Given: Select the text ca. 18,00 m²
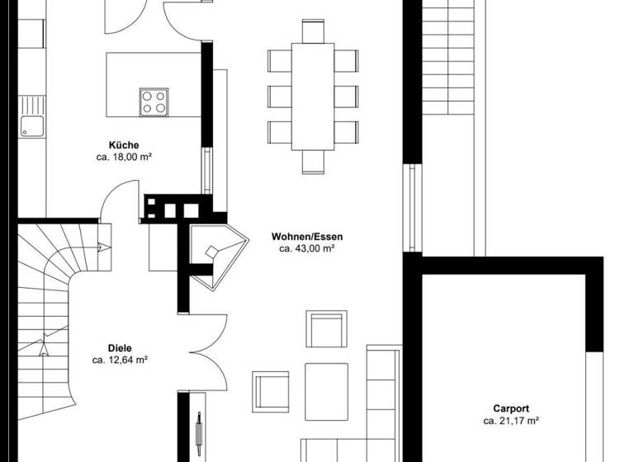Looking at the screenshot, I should [x=123, y=156].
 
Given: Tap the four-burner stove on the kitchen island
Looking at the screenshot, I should [x=153, y=101].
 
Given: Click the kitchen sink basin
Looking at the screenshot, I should [x=32, y=125].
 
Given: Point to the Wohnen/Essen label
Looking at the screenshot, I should [x=306, y=237].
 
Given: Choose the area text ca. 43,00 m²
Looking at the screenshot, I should [x=306, y=248].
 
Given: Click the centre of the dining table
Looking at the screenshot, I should [x=313, y=96].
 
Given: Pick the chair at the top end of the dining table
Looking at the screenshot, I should [x=313, y=31].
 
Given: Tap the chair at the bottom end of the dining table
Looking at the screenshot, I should [x=313, y=162].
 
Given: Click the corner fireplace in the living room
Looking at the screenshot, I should [x=216, y=254].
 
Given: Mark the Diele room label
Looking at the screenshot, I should [x=120, y=348].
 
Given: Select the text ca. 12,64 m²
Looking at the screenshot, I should [x=120, y=360].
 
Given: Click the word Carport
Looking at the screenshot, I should [x=511, y=408].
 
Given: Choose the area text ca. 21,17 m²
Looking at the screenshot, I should [x=511, y=421].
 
